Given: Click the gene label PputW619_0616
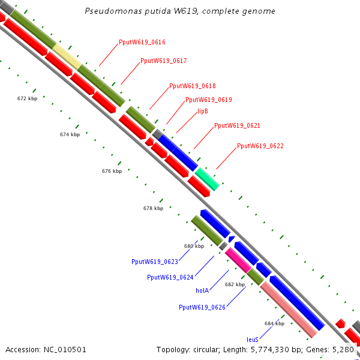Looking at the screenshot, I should point(142,42).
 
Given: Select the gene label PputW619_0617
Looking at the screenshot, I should point(163,61).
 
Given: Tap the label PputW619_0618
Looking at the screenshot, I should point(193,86).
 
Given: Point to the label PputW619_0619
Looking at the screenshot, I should point(208,100).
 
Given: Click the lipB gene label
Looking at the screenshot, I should point(203,111).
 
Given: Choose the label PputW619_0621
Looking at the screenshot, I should point(237,125).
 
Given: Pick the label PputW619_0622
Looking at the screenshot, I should point(260,146).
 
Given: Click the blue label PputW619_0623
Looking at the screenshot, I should point(155,262).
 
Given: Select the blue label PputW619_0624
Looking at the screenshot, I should point(170,277).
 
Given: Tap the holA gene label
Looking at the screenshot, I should point(202,290).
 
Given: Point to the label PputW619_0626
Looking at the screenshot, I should point(202,307).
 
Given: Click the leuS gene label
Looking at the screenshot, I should point(253,339).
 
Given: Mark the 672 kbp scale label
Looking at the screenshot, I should point(27,98).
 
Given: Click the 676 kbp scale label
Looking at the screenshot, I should point(112,171).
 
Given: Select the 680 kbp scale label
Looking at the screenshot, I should point(194,246).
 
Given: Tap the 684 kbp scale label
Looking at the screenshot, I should point(274,323).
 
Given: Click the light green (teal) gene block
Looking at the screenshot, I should point(207,179).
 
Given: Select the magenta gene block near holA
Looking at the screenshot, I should point(238,259).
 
